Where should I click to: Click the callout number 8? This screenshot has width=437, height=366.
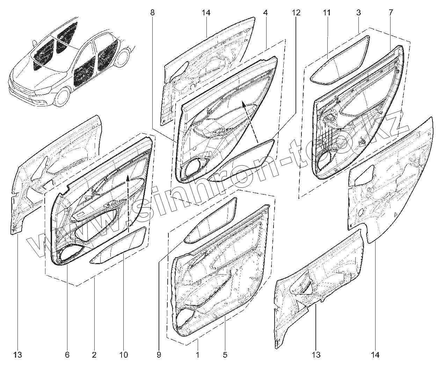(x=152, y=13)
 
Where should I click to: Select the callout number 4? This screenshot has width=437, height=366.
(x=265, y=13)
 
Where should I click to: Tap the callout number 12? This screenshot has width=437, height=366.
(x=296, y=13)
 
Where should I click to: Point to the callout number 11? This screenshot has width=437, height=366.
(x=327, y=13)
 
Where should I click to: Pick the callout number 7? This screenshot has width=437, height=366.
(x=390, y=13)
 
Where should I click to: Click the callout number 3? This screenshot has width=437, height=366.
(x=358, y=13)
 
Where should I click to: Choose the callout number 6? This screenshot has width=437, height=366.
(x=67, y=355)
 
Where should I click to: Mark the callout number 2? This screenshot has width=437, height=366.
(x=94, y=355)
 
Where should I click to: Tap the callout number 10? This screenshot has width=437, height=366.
(x=123, y=355)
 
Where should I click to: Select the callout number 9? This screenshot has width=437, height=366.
(x=159, y=355)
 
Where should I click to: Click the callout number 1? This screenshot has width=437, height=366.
(x=198, y=355)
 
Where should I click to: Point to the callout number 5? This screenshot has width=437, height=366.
(x=225, y=355)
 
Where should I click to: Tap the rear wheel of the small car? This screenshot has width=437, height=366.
(x=122, y=58)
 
